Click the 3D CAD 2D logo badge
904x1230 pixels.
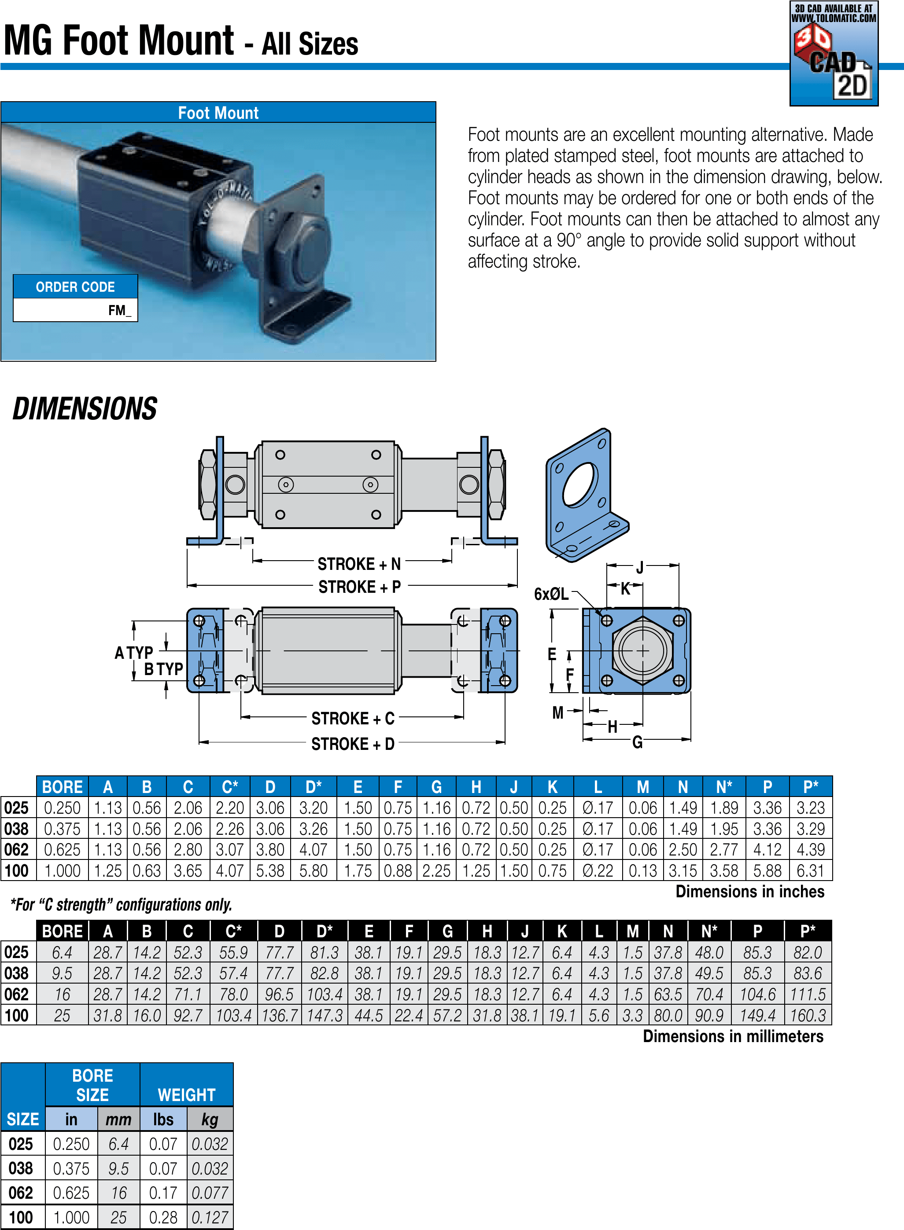(x=834, y=54)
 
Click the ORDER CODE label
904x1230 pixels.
(x=75, y=286)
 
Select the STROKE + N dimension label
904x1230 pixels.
(x=359, y=564)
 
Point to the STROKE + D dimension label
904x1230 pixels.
(x=352, y=744)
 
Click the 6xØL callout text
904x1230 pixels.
(x=551, y=594)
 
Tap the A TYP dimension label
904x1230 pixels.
(x=133, y=653)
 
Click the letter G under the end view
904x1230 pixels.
(x=638, y=742)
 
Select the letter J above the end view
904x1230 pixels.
(x=640, y=567)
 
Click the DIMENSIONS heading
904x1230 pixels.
(x=85, y=409)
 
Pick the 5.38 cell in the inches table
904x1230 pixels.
(x=270, y=870)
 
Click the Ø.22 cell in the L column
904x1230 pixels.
(x=598, y=870)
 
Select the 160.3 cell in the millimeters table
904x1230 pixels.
(x=808, y=1016)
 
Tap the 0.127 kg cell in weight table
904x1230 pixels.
(x=210, y=1217)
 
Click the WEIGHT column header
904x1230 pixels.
(x=187, y=1094)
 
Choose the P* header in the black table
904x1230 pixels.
(x=808, y=931)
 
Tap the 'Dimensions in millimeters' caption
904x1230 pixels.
(x=733, y=1036)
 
